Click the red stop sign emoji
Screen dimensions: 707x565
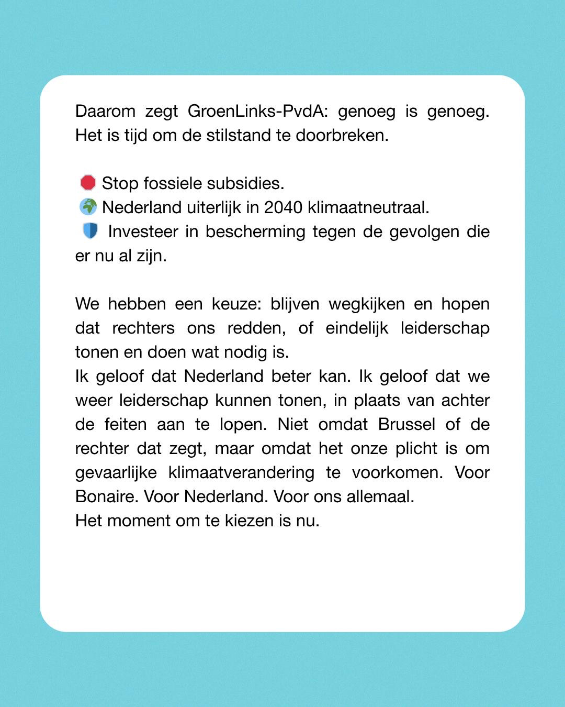(88, 183)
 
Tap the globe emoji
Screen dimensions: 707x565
(88, 207)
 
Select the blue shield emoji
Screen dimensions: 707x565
(90, 231)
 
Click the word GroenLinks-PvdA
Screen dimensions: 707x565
(258, 112)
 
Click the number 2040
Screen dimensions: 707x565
(283, 207)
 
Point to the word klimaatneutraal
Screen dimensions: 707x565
(368, 207)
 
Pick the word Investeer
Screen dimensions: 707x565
(143, 231)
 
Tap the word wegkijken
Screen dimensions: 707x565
(367, 304)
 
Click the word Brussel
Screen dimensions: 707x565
(406, 424)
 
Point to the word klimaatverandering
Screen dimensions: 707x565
(241, 472)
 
